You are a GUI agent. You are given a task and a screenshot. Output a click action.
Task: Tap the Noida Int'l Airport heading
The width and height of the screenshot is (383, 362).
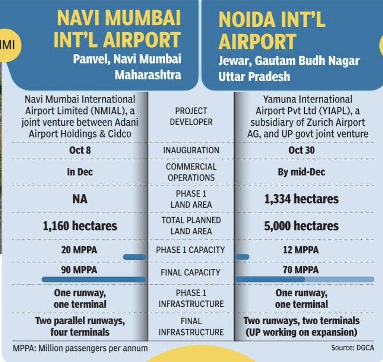[x=272, y=30]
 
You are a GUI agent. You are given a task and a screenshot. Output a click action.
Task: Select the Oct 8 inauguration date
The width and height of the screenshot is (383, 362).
[x=80, y=150]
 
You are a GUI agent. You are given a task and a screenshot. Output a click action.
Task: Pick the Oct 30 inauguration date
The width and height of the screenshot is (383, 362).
[x=301, y=150]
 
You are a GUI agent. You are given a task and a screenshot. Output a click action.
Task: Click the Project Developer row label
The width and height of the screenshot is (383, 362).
[x=191, y=117]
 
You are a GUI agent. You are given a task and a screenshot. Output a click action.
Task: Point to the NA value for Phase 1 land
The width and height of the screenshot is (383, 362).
[x=80, y=199]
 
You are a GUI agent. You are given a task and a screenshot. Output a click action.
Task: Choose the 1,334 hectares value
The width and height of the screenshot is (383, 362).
[x=301, y=199]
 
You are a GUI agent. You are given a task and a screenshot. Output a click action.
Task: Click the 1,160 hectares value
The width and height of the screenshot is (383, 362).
[x=80, y=226]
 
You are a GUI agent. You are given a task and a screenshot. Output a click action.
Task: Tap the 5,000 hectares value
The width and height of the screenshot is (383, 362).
[x=301, y=226]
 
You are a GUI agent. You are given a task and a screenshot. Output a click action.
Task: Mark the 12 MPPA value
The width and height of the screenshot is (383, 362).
[x=301, y=250]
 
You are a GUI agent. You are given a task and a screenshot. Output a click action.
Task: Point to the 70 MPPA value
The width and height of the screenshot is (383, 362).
[x=301, y=270]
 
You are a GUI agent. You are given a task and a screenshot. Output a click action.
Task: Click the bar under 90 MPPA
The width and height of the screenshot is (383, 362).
[x=94, y=279]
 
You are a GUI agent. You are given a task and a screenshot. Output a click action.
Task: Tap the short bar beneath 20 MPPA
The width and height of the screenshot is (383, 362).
[x=134, y=257]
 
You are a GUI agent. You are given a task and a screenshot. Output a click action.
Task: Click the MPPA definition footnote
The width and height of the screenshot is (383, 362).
[x=80, y=348]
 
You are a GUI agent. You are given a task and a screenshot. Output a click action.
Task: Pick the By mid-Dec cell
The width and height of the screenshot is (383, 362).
[x=301, y=172]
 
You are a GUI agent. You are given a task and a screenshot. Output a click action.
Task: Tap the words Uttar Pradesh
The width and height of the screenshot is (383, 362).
[x=254, y=76]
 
